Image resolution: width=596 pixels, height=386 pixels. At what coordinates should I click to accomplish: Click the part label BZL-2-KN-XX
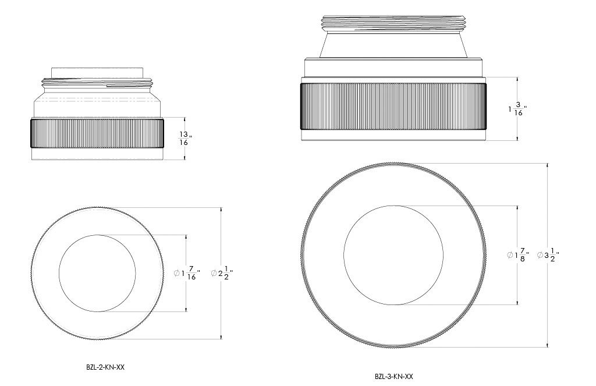(x=105, y=367)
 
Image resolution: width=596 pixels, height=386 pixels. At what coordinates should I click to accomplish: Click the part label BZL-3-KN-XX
(x=394, y=377)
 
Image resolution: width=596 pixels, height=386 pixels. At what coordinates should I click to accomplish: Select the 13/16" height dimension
(x=185, y=139)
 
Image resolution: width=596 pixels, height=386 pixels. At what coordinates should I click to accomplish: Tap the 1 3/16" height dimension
(x=517, y=109)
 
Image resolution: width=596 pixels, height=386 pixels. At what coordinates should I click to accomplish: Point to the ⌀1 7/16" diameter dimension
(x=187, y=273)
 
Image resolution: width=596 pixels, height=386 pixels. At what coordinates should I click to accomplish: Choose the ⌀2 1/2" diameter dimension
(x=222, y=273)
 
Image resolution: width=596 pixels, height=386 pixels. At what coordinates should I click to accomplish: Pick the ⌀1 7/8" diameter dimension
(x=518, y=255)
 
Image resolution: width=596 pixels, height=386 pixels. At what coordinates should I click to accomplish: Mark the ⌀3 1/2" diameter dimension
(x=548, y=255)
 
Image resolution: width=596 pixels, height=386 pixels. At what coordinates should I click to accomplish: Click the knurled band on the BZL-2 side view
(x=97, y=133)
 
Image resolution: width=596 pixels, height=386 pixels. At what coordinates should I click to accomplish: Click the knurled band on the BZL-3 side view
(x=393, y=106)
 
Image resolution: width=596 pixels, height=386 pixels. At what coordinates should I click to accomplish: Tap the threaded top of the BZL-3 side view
(x=393, y=23)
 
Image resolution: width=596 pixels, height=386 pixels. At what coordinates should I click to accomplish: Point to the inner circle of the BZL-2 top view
(x=97, y=273)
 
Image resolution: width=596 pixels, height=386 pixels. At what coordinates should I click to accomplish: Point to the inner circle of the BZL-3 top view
(x=393, y=255)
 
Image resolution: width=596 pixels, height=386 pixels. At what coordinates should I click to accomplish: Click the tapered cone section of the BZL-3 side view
(x=393, y=44)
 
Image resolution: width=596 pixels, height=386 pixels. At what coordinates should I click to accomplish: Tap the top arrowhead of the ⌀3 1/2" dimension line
(x=547, y=166)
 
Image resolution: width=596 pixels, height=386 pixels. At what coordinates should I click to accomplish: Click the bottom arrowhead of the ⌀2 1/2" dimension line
(x=221, y=336)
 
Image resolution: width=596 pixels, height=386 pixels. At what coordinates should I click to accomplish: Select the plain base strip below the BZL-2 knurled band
(x=97, y=154)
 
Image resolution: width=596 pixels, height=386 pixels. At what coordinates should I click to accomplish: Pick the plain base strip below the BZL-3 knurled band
(x=393, y=136)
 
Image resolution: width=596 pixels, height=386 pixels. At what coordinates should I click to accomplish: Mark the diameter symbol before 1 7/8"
(x=510, y=255)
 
